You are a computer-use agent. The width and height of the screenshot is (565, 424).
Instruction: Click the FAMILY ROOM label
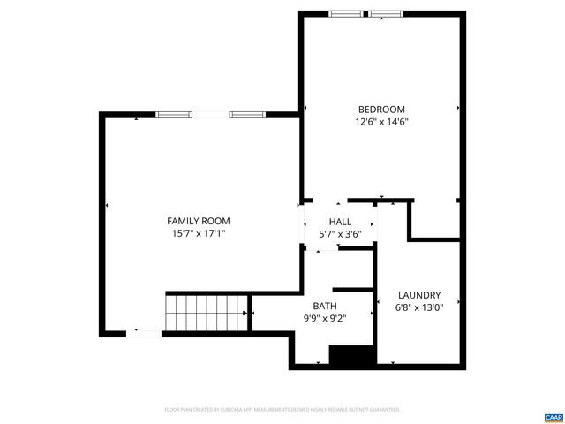point(199,221)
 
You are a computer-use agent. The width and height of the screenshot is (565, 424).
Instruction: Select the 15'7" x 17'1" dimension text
point(199,234)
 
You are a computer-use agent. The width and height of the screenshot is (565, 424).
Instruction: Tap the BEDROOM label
point(381,110)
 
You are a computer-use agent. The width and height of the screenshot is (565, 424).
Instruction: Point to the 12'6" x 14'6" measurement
point(381,123)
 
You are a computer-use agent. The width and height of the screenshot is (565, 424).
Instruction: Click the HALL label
point(340,222)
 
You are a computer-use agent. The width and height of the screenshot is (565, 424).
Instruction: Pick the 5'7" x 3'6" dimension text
point(340,234)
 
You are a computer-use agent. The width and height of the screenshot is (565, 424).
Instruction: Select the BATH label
point(313,306)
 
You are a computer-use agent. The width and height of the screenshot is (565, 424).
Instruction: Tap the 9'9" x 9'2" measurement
point(313,319)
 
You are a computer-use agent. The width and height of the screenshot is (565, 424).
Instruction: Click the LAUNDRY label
point(419,295)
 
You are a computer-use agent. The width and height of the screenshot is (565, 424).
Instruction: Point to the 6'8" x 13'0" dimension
point(419,307)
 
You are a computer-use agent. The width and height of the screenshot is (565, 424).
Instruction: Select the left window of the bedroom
point(346,13)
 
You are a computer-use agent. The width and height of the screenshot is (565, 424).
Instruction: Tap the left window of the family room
point(174,114)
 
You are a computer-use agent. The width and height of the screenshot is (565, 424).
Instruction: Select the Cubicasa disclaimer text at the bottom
point(282,410)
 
